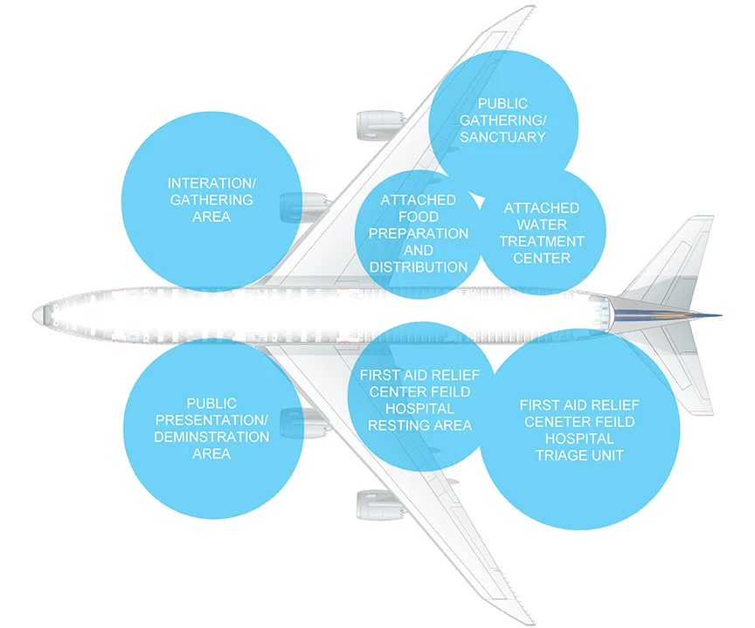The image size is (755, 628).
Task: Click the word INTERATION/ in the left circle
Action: coord(211,183)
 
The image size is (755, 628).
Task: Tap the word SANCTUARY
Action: coord(502,136)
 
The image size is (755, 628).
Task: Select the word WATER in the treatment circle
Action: coord(542,224)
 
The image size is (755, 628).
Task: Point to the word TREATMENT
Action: coord(542,241)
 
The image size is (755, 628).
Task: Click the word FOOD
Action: coord(419,217)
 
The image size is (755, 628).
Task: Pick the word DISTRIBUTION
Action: coord(419,266)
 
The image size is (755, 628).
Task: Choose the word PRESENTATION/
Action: coord(211,420)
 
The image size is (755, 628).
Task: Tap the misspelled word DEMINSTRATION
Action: coord(211,437)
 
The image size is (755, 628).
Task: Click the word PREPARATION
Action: coord(419,233)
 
